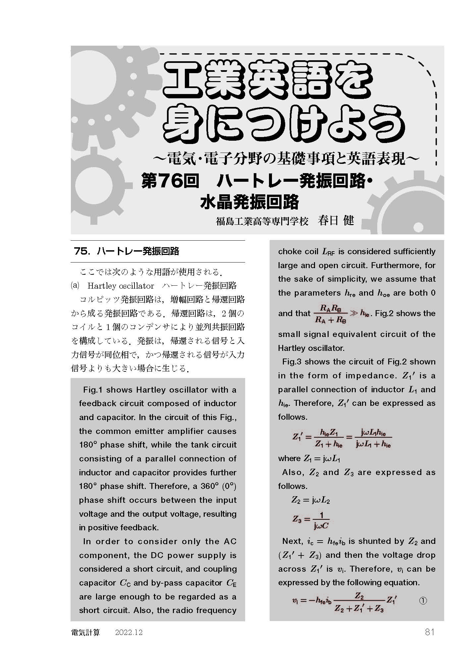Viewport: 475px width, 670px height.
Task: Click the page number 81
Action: (x=429, y=632)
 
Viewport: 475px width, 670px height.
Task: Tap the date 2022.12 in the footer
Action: (x=129, y=632)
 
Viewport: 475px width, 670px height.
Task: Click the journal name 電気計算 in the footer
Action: (x=85, y=632)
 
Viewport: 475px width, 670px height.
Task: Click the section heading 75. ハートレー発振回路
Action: (x=127, y=251)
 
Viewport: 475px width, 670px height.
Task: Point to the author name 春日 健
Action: (x=336, y=220)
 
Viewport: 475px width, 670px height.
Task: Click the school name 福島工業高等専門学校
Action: (x=262, y=221)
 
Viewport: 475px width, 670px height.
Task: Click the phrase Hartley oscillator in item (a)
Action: (x=121, y=286)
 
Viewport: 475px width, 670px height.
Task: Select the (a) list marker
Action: (x=75, y=286)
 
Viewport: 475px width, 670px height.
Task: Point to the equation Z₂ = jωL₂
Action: (x=310, y=500)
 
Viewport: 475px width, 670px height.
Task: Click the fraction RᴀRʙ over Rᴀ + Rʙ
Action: (x=329, y=314)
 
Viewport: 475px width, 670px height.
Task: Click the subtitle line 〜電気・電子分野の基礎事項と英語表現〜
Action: (x=286, y=159)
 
